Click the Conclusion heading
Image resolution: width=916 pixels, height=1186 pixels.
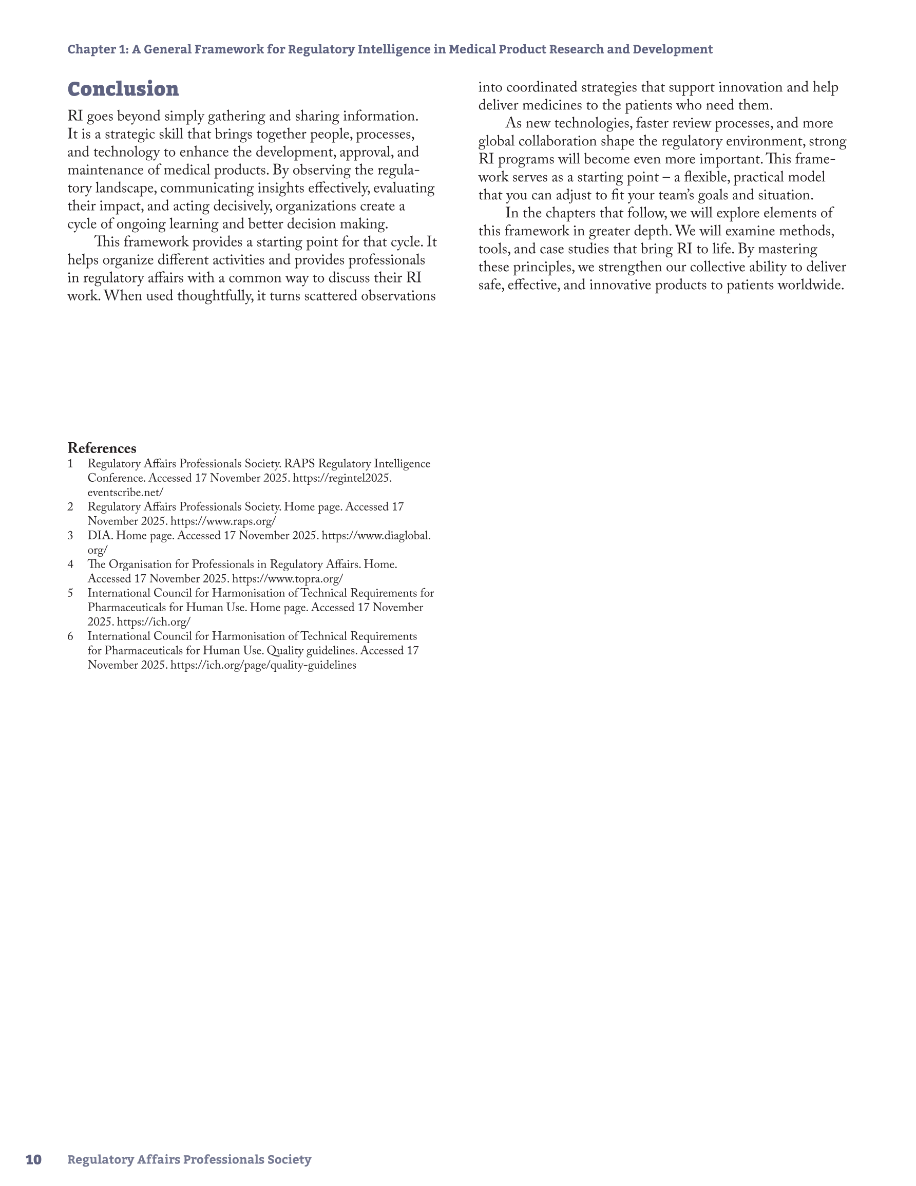point(123,89)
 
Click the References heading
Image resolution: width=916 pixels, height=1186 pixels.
point(102,448)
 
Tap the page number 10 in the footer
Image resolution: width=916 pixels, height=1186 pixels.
point(34,1159)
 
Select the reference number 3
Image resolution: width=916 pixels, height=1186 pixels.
point(70,535)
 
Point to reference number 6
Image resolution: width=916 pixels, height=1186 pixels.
point(70,636)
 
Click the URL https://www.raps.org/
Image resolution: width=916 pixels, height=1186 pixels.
point(223,521)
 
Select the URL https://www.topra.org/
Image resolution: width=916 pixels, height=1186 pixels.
point(287,578)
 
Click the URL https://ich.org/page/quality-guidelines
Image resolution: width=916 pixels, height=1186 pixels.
point(263,665)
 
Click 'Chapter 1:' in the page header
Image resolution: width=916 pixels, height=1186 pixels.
point(98,49)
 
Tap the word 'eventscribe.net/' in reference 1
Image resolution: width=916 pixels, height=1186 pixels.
point(125,492)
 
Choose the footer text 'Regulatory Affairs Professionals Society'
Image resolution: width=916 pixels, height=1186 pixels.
point(189,1159)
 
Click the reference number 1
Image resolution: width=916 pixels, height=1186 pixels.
point(70,464)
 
